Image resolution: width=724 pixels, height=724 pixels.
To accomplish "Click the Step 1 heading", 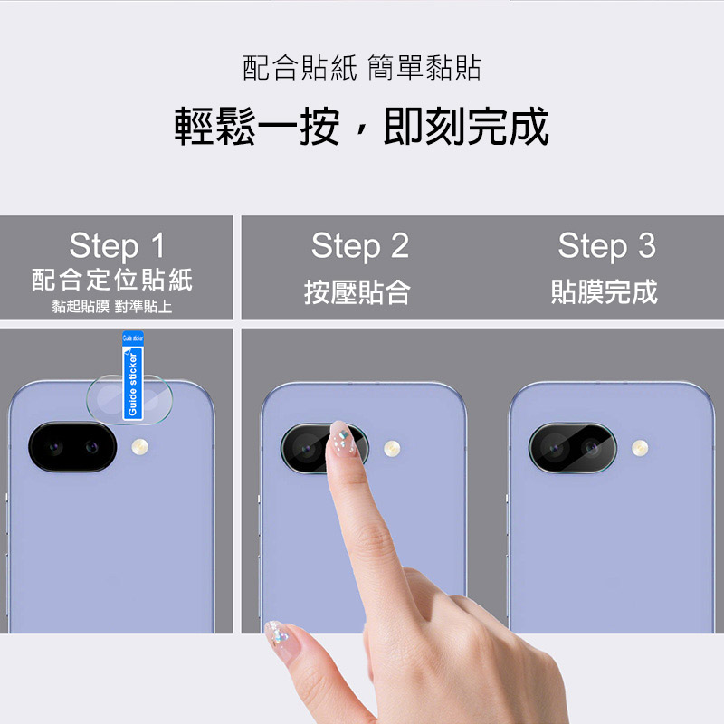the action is coord(117,245).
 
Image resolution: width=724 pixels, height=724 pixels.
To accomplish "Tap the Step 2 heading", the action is coord(360,246).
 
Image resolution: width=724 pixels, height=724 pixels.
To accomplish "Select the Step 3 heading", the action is coord(606,246).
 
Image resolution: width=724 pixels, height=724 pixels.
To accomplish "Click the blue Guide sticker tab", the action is coord(133,376).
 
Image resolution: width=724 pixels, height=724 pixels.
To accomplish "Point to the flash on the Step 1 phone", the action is coord(140,446).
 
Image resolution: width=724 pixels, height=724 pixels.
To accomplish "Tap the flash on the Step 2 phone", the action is coord(392,448).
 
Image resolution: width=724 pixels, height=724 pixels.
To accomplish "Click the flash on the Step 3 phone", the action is coord(640,447).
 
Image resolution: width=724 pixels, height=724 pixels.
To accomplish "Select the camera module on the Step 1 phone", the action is coord(72,446).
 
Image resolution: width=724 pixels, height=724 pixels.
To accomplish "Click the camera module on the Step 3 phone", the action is coord(573,448).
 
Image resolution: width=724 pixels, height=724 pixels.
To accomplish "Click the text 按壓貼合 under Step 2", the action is coord(357,292).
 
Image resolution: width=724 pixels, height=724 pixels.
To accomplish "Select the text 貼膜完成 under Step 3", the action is coord(605,292).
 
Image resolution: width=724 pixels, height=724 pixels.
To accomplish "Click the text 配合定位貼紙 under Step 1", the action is coord(112,280).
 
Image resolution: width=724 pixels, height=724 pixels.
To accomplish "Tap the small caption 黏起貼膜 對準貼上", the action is coord(112,307).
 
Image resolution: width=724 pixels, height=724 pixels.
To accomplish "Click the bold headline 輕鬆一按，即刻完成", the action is coord(361,126).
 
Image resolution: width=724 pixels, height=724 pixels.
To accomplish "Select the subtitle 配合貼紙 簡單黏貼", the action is coord(362,68).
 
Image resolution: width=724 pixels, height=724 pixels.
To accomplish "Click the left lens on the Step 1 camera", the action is coord(55,447).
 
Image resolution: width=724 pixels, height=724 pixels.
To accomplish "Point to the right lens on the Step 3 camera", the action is coord(592,447).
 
